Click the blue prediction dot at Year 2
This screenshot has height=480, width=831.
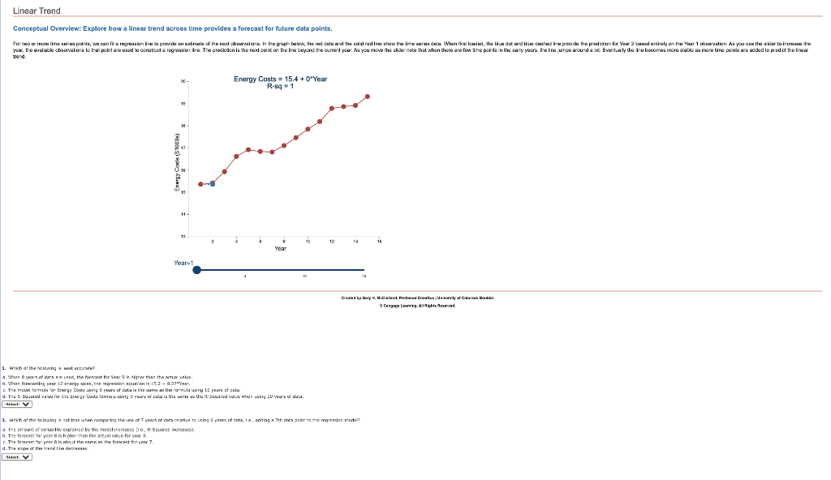pyautogui.click(x=213, y=184)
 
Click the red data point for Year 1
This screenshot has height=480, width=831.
pyautogui.click(x=201, y=184)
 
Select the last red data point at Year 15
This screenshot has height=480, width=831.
pyautogui.click(x=368, y=96)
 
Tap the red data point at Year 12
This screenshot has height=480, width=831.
pyautogui.click(x=332, y=108)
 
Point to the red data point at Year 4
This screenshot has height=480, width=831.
pyautogui.click(x=237, y=156)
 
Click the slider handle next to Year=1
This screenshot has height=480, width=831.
pyautogui.click(x=196, y=271)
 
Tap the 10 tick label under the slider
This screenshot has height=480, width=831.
pyautogui.click(x=303, y=277)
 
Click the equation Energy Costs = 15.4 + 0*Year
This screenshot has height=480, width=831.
pyautogui.click(x=280, y=79)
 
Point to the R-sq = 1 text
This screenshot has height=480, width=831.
pyautogui.click(x=280, y=87)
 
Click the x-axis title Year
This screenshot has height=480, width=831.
pyautogui.click(x=280, y=249)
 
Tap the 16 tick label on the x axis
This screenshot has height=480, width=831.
pyautogui.click(x=379, y=242)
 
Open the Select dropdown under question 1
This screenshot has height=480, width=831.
pyautogui.click(x=16, y=403)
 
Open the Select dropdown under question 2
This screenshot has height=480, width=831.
pyautogui.click(x=16, y=456)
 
